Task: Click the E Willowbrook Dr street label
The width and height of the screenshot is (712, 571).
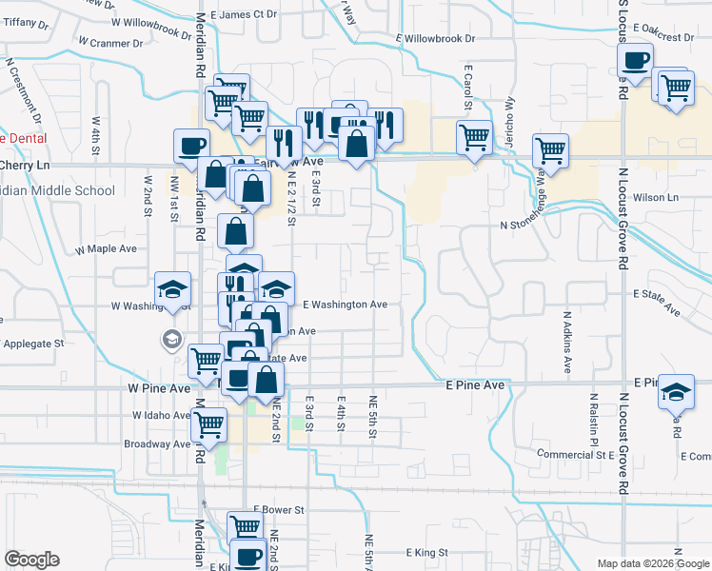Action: [x=434, y=39]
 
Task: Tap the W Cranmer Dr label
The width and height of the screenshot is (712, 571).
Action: [x=110, y=43]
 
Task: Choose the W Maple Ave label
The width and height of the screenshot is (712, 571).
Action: [x=106, y=248]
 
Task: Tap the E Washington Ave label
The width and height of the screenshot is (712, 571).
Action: [x=345, y=305]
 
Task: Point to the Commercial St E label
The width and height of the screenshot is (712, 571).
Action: [x=576, y=455]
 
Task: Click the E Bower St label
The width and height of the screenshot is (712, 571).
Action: [x=278, y=510]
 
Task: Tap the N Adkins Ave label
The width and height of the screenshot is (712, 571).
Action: [x=566, y=341]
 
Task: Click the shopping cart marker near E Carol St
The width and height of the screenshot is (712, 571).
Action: [x=474, y=137]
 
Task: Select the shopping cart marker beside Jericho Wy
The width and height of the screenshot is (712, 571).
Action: [x=551, y=148]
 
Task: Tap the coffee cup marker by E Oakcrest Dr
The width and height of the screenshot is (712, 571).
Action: [x=635, y=61]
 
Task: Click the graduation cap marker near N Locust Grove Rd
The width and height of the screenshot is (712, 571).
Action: [x=676, y=391]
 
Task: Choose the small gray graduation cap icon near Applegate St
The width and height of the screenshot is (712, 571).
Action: [x=171, y=339]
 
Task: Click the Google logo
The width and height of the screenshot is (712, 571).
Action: [x=31, y=560]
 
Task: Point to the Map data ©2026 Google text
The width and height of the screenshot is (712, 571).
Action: [x=652, y=563]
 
